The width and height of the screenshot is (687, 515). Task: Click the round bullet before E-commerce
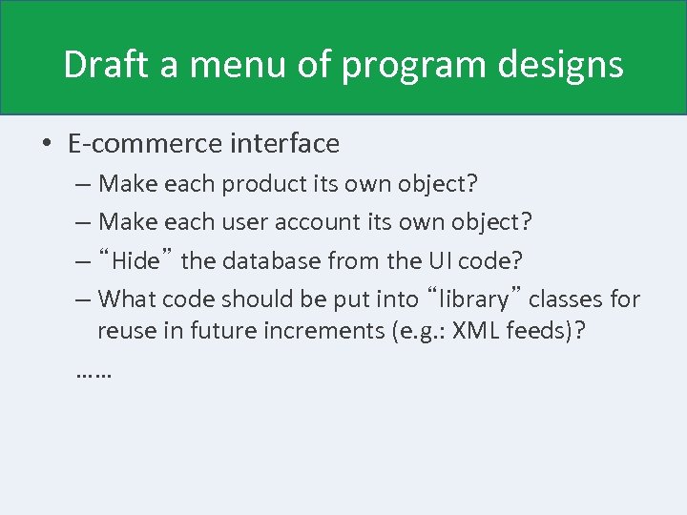pyautogui.click(x=47, y=145)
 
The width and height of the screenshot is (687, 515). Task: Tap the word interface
pyautogui.click(x=285, y=144)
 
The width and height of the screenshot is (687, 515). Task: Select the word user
pyautogui.click(x=245, y=222)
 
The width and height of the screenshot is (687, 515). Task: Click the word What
pyautogui.click(x=127, y=299)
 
